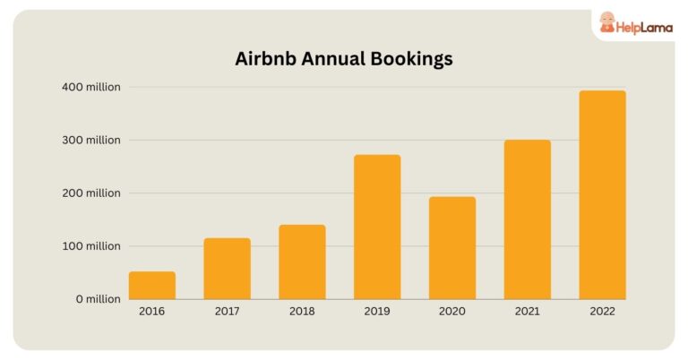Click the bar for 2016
point(151,286)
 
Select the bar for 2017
point(227,269)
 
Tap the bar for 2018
point(302,262)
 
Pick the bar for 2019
point(377,227)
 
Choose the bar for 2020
point(452,248)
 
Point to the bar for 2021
point(528,219)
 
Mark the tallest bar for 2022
point(602,195)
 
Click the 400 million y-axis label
point(90,88)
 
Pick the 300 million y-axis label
point(90,141)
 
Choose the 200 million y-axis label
point(90,193)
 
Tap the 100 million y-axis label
point(90,246)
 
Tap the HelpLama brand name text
point(642,27)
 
